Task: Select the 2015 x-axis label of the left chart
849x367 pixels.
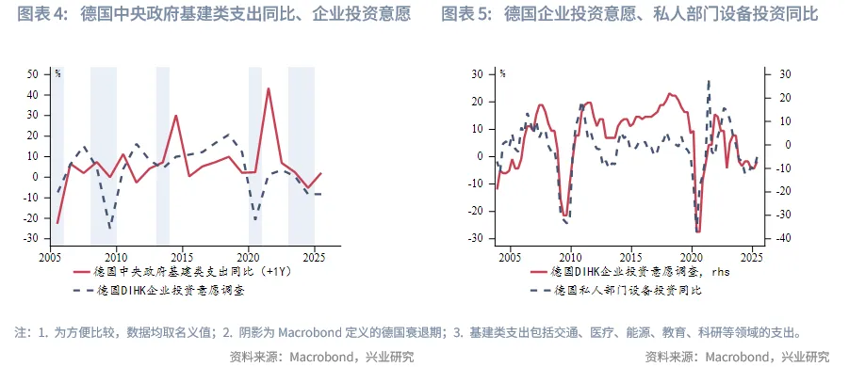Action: point(181,257)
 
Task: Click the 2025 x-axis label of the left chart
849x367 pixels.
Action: point(313,257)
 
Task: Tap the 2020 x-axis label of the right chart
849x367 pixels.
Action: point(691,257)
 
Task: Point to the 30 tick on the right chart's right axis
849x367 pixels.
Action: point(776,73)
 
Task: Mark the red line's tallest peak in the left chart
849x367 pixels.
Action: point(269,88)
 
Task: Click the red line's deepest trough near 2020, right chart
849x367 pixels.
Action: point(698,231)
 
